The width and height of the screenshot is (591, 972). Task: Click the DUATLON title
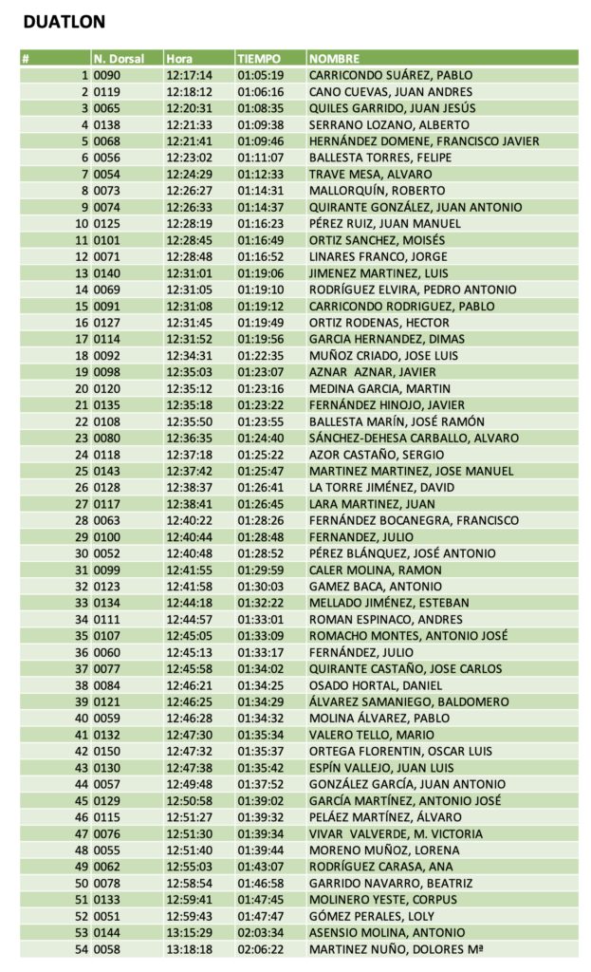65,22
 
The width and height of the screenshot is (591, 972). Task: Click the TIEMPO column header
259,59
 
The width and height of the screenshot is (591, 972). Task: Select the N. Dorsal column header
119,59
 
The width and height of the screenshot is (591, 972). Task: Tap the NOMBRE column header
334,59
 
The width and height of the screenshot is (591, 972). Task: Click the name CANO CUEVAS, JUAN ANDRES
391,92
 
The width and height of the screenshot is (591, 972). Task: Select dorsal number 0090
106,75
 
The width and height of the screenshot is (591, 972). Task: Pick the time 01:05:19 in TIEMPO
261,75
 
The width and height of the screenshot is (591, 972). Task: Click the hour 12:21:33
189,125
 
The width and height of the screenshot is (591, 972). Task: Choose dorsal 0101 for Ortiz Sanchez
106,240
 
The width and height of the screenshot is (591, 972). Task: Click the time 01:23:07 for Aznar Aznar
261,372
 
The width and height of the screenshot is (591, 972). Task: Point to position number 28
82,520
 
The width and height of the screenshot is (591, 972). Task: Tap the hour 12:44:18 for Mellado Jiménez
189,603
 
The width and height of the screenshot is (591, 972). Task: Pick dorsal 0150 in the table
106,751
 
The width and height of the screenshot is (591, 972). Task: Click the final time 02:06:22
261,949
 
